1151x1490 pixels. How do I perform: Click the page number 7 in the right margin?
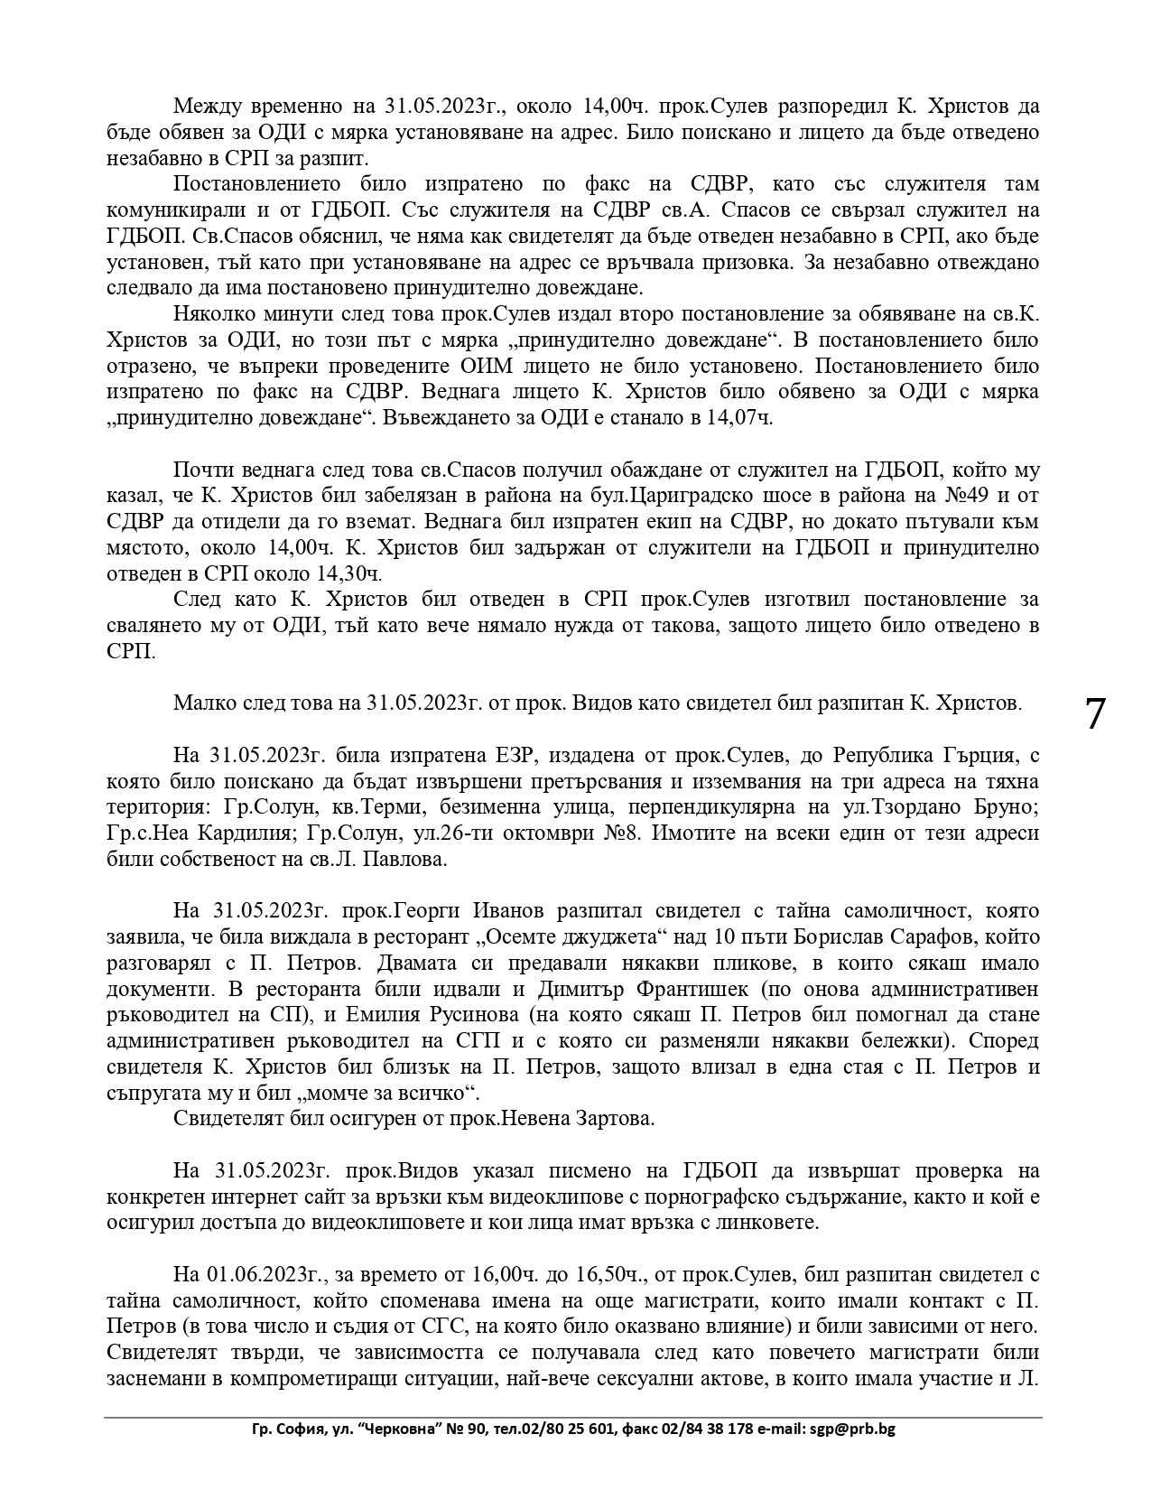pos(1093,715)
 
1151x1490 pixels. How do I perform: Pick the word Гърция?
pos(990,755)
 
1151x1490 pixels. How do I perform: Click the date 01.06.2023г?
pos(268,1275)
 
